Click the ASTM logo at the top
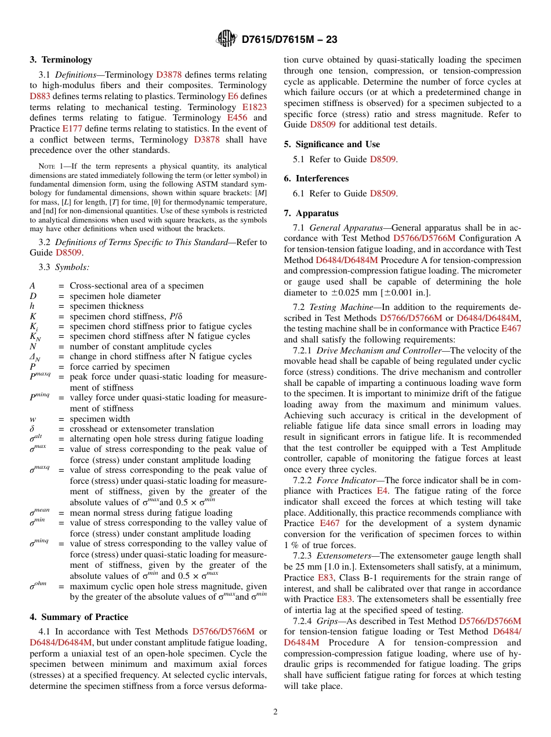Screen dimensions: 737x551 (226, 39)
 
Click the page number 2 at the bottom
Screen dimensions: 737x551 (275, 712)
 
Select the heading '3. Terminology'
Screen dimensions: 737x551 (61, 60)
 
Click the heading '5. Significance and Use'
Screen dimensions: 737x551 (332, 144)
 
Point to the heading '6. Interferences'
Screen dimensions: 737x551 (316, 178)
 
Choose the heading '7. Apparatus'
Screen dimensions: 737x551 (311, 213)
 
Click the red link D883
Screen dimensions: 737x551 (39, 96)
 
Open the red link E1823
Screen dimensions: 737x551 (254, 107)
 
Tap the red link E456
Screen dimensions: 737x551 (237, 118)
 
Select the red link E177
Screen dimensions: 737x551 (72, 129)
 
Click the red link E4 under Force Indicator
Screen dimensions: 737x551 (382, 490)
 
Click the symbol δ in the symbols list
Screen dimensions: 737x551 (32, 429)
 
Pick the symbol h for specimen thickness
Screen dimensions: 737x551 (32, 306)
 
